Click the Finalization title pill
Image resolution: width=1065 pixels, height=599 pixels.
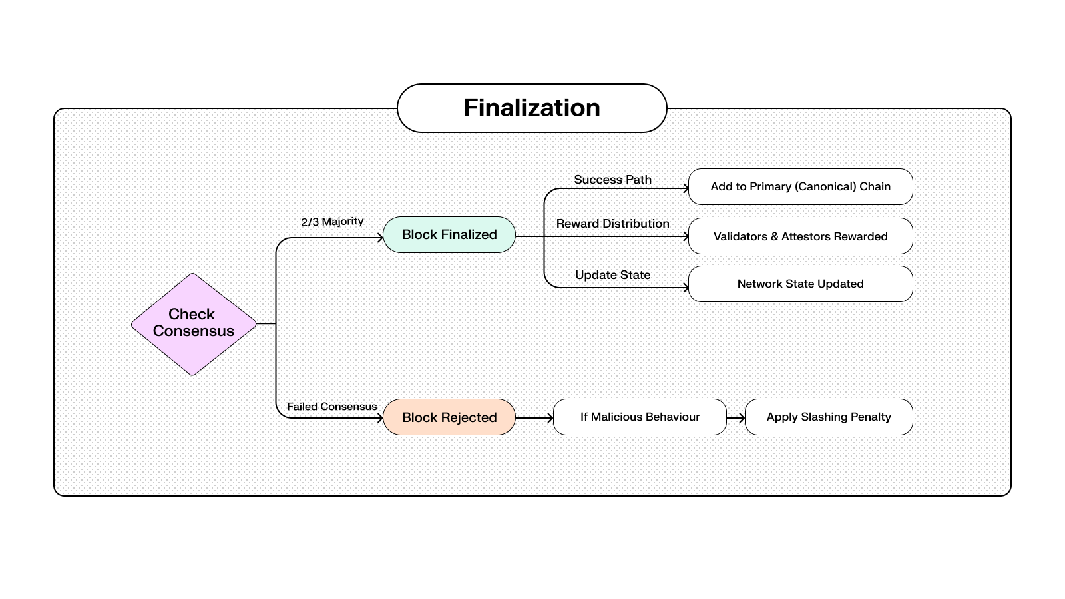click(x=532, y=108)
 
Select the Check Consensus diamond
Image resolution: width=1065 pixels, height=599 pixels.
click(x=194, y=323)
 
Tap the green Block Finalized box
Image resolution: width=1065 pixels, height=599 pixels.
click(x=449, y=234)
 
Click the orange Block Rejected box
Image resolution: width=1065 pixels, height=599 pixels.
click(x=449, y=417)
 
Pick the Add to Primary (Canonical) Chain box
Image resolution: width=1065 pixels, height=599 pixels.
click(x=800, y=186)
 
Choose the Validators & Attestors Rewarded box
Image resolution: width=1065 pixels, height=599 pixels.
click(x=800, y=236)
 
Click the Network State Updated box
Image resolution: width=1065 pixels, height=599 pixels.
click(x=800, y=284)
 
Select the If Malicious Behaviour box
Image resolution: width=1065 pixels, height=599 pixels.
click(x=640, y=417)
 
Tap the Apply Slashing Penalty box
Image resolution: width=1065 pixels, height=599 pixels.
click(x=829, y=417)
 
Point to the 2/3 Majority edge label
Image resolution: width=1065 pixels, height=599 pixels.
click(x=332, y=222)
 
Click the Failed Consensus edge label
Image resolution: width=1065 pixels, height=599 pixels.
click(x=332, y=407)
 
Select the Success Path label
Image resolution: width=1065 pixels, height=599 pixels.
click(x=612, y=180)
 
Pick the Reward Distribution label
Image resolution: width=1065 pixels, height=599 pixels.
click(x=612, y=224)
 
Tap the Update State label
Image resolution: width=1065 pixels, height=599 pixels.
click(x=612, y=275)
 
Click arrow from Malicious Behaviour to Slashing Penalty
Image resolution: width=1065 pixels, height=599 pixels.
click(x=736, y=418)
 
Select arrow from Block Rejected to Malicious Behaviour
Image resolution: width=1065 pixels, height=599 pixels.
click(x=534, y=418)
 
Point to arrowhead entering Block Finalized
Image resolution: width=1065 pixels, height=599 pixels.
click(x=381, y=238)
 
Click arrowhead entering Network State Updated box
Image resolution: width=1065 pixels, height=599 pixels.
click(x=686, y=288)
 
